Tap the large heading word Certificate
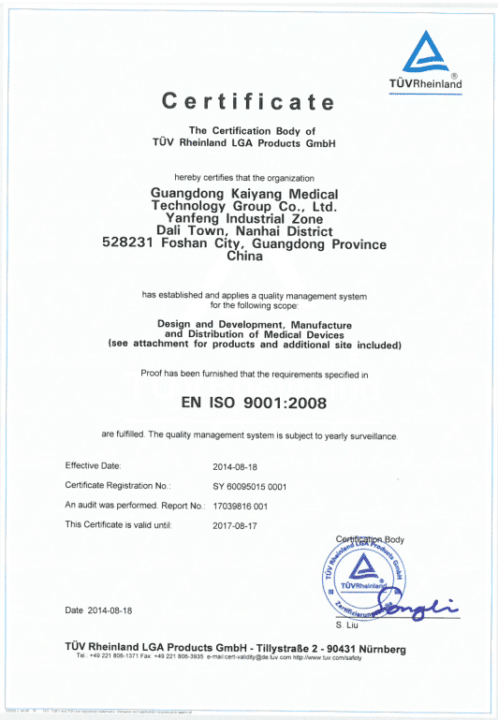248,101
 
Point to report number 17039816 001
241,506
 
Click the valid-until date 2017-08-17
240,525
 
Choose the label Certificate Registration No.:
118,486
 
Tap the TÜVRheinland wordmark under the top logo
426,84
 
